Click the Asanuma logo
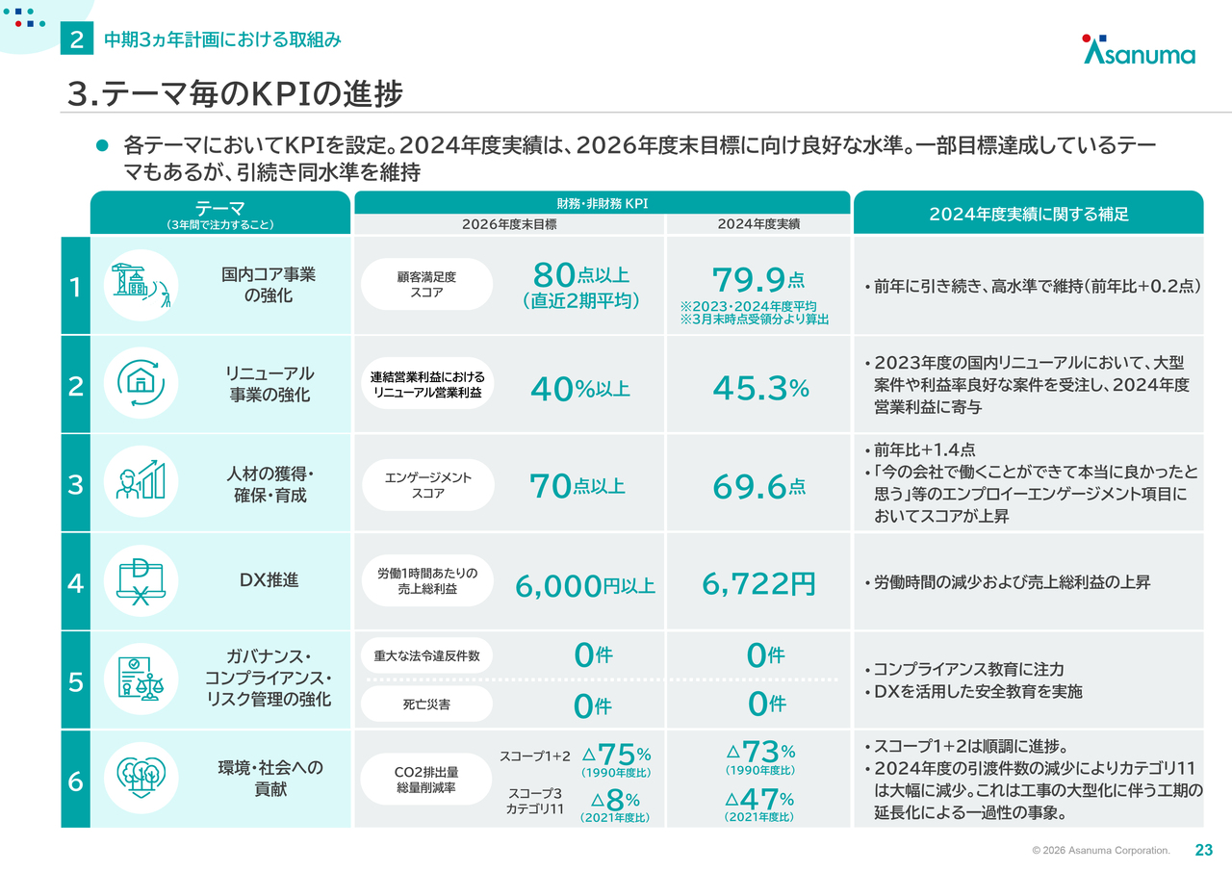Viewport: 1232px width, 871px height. (x=1139, y=50)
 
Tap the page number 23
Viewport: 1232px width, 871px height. (x=1203, y=850)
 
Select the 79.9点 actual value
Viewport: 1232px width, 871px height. (x=758, y=280)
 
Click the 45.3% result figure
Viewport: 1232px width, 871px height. (x=760, y=388)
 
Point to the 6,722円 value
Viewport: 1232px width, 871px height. (x=758, y=583)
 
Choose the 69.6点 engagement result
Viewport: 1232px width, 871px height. (x=758, y=487)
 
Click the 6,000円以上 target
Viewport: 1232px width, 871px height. (x=585, y=585)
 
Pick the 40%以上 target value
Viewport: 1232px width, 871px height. (x=580, y=389)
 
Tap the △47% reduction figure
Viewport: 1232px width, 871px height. (x=759, y=799)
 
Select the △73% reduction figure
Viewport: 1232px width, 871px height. (x=759, y=752)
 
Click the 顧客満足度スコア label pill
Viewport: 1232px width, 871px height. (x=426, y=284)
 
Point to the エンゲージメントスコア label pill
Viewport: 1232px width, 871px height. (x=427, y=485)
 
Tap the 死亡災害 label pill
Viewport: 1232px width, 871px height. (x=426, y=704)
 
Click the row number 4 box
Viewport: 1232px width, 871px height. (x=75, y=582)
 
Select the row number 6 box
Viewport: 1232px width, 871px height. (x=75, y=781)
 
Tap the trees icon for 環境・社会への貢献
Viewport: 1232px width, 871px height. (x=141, y=778)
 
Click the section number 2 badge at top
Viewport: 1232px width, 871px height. (x=76, y=39)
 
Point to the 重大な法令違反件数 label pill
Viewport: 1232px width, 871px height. (x=426, y=656)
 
